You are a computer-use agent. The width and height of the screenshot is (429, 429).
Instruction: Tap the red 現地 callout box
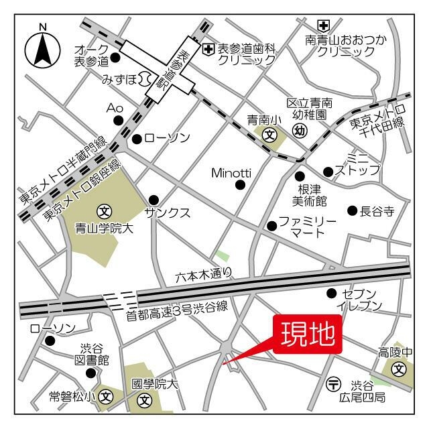(x=308, y=334)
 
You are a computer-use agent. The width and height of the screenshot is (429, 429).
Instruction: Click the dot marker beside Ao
(x=119, y=121)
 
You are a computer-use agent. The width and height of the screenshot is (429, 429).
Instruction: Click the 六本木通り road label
(x=204, y=274)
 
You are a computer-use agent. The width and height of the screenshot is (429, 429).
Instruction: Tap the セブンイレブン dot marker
(x=331, y=293)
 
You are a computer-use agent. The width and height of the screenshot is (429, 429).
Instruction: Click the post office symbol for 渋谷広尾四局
(x=334, y=385)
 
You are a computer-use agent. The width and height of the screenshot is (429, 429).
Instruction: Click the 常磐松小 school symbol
(x=106, y=397)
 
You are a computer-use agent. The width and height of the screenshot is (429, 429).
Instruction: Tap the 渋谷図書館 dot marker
(x=91, y=373)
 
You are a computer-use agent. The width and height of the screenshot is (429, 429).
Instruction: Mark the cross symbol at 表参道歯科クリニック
(x=208, y=48)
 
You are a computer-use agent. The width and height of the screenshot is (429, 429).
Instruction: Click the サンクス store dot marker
(x=154, y=199)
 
